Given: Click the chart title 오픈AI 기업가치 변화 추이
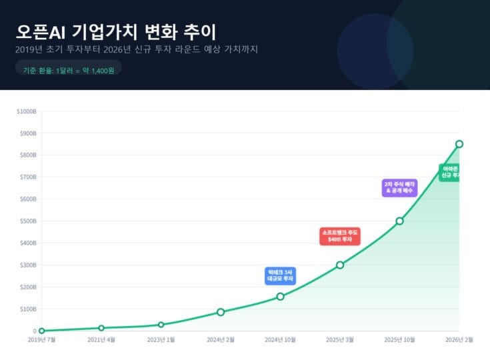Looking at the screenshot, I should (116, 31).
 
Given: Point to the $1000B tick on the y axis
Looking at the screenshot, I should (27, 111).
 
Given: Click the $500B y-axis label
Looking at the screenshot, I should (28, 221).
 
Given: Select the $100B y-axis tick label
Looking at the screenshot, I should (28, 309).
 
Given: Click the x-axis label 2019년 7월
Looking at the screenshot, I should (41, 340).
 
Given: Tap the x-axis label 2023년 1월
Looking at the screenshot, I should (161, 340).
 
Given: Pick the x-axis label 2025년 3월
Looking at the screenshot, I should (340, 340).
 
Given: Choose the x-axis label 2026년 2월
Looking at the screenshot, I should (459, 340).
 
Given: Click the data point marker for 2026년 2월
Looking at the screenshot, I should (459, 144).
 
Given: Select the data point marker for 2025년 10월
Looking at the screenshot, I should (399, 221).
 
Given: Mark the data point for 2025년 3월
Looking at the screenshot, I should (340, 265).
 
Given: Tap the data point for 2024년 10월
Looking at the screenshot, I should (280, 296).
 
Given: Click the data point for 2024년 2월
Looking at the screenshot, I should (221, 312).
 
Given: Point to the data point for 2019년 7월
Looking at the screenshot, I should (41, 331).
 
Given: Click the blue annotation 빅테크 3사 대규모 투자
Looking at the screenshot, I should (280, 275).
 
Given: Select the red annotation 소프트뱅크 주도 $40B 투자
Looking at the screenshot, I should (340, 235).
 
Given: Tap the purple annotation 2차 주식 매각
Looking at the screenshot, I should (399, 187).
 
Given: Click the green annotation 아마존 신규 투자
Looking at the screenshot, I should (451, 172).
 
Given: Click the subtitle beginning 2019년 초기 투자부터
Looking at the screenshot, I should (136, 49).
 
